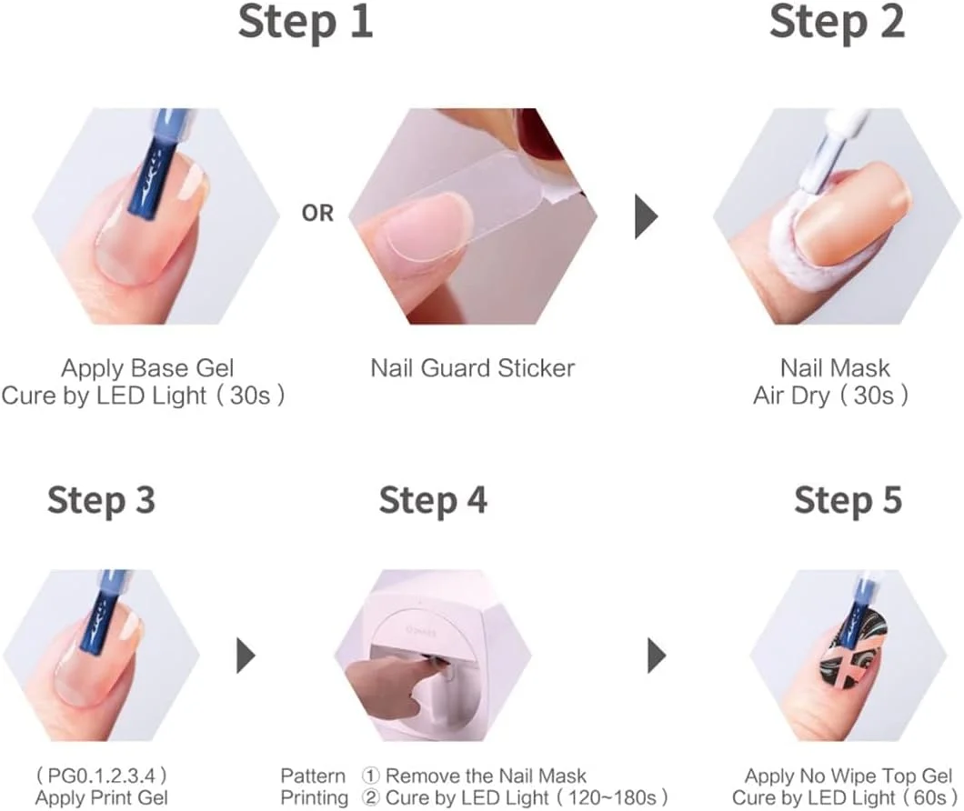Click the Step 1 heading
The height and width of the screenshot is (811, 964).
306,22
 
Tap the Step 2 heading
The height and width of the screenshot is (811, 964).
837,22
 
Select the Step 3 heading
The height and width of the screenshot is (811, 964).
102,500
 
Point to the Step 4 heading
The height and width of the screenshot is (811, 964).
434,500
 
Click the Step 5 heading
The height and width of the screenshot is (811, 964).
849,500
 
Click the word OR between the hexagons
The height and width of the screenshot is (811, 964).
317,214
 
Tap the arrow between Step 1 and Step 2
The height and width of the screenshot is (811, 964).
646,216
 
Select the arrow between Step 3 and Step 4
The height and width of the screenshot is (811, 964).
246,656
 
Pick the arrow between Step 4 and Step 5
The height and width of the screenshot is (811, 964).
658,656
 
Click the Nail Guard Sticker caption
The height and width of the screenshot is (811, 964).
472,368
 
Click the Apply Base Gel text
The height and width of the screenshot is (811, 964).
147,368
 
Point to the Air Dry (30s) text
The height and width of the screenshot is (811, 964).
830,395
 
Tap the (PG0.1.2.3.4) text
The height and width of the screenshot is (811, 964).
102,775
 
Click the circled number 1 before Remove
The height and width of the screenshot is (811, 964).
371,776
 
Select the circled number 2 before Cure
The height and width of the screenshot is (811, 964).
371,798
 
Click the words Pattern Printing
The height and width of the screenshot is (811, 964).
314,787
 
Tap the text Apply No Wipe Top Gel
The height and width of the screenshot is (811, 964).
849,776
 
